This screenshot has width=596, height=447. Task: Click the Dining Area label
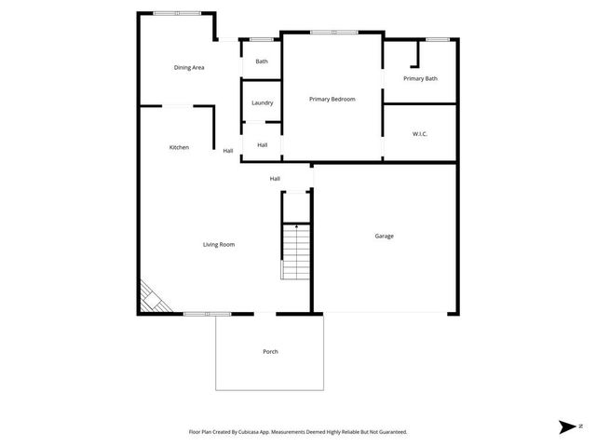click(189, 67)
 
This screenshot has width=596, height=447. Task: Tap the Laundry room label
click(262, 102)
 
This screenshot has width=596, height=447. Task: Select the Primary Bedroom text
click(332, 99)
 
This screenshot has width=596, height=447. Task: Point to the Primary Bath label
click(420, 78)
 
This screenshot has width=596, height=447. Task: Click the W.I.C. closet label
click(420, 134)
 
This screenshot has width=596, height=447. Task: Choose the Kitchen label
click(179, 147)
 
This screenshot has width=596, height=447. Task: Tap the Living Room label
click(219, 244)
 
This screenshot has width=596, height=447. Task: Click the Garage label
click(384, 236)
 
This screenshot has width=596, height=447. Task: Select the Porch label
click(270, 351)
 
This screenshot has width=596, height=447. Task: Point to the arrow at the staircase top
click(296, 226)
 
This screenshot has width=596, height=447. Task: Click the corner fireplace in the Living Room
click(150, 299)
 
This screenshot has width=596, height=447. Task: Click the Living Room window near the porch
click(206, 314)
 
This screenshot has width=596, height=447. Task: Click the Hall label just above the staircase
click(275, 179)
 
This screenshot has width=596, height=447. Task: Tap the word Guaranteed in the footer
click(388, 432)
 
